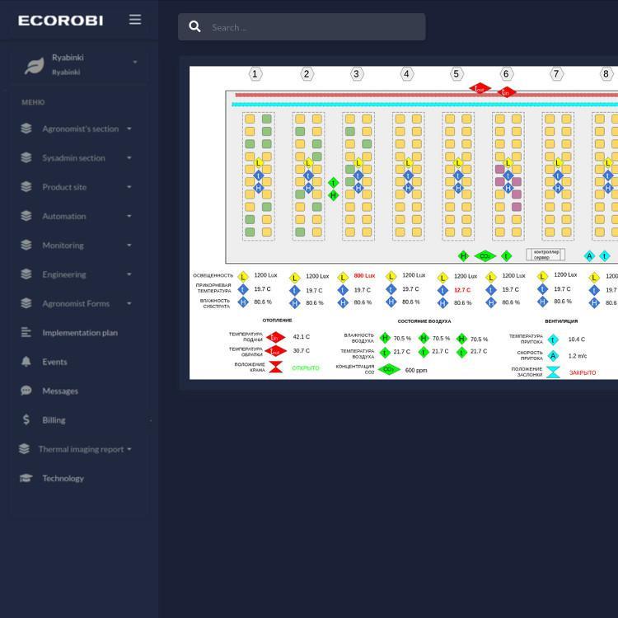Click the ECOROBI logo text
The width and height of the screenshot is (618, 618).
tap(60, 20)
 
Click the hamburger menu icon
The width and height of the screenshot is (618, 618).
tap(135, 19)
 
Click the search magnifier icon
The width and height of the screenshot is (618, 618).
tap(195, 27)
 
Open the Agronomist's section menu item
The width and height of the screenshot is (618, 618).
tap(80, 129)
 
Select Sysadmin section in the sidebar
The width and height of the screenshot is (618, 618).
tap(73, 157)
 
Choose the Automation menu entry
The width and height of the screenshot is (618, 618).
tap(63, 216)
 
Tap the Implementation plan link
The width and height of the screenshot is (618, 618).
tap(79, 333)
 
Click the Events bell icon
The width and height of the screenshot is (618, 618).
tap(26, 362)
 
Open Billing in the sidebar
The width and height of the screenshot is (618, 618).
tap(54, 420)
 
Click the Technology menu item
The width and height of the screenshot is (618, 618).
tap(63, 478)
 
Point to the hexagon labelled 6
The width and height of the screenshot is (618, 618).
tap(506, 74)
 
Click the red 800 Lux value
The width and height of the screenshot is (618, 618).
tap(364, 276)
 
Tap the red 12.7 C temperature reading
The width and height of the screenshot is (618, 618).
tap(462, 290)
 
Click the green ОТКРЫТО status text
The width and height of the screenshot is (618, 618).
tap(305, 368)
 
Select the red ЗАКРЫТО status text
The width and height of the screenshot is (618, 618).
tap(582, 373)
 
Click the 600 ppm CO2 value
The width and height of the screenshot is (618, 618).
tap(416, 371)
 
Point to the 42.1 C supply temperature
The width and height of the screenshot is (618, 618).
tap(301, 337)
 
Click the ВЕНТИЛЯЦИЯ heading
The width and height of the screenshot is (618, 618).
tap(561, 321)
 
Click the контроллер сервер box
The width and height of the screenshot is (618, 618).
tap(545, 255)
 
